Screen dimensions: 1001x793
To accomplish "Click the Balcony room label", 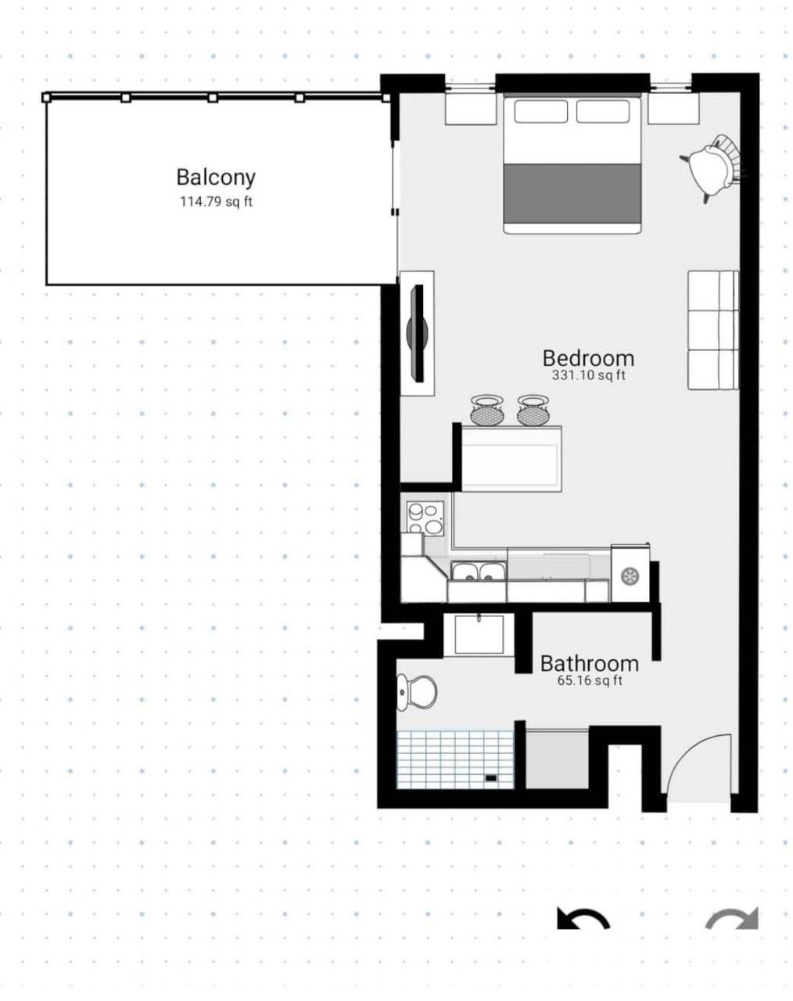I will pyautogui.click(x=216, y=178).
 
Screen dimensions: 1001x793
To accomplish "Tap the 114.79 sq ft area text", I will pyautogui.click(x=216, y=202).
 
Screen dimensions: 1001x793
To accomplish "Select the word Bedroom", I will pyautogui.click(x=588, y=358).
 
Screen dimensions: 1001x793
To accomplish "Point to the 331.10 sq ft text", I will pyautogui.click(x=588, y=375).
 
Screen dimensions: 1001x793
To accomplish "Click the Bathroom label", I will pyautogui.click(x=589, y=663).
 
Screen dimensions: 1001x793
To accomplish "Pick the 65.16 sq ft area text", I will pyautogui.click(x=589, y=680).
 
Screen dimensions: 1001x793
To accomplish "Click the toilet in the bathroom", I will pyautogui.click(x=416, y=691).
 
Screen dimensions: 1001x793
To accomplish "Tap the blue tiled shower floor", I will pyautogui.click(x=455, y=759).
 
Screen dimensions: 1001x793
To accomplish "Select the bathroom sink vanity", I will pyautogui.click(x=479, y=634).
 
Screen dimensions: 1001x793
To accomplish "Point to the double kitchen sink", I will pyautogui.click(x=476, y=573).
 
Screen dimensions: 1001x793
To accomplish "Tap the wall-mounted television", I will pyautogui.click(x=417, y=333).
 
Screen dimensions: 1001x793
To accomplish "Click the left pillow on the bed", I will pyautogui.click(x=541, y=112).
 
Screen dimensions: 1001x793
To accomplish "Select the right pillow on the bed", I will pyautogui.click(x=603, y=112).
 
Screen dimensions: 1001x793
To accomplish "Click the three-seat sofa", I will pyautogui.click(x=712, y=330).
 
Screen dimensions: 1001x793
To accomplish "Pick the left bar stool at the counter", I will pyautogui.click(x=487, y=410).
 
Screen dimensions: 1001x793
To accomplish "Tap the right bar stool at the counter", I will pyautogui.click(x=533, y=410).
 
